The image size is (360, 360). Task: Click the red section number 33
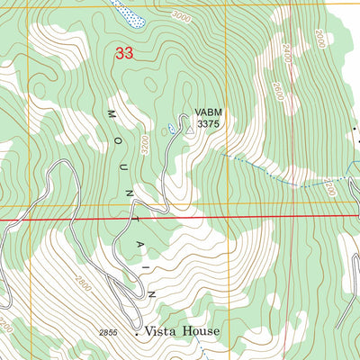pos(124,54)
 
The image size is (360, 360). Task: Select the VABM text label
pos(207,114)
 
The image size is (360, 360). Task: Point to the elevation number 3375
pos(208,126)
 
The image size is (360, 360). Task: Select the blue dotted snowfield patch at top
pos(129,12)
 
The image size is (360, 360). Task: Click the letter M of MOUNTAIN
pos(112,115)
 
